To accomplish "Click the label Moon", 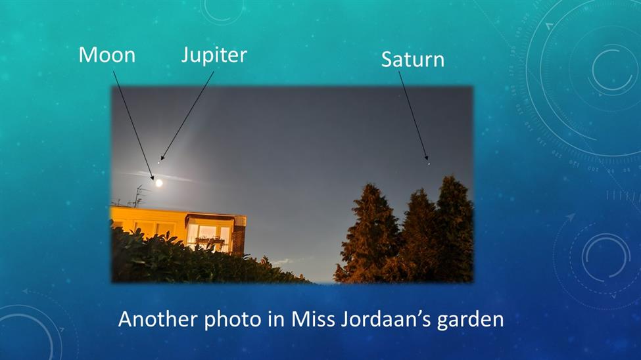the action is tap(107, 55).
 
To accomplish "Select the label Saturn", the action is tap(412, 60).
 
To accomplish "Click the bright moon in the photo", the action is tap(158, 183).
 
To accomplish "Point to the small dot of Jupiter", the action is tap(158, 163).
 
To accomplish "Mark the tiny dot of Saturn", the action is tap(429, 164).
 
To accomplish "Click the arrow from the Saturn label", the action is tap(414, 116).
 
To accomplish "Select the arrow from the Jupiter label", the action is tap(187, 116).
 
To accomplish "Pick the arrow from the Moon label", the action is tap(133, 125).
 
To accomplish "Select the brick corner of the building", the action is tap(239, 236).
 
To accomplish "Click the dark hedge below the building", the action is tap(196, 261).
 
